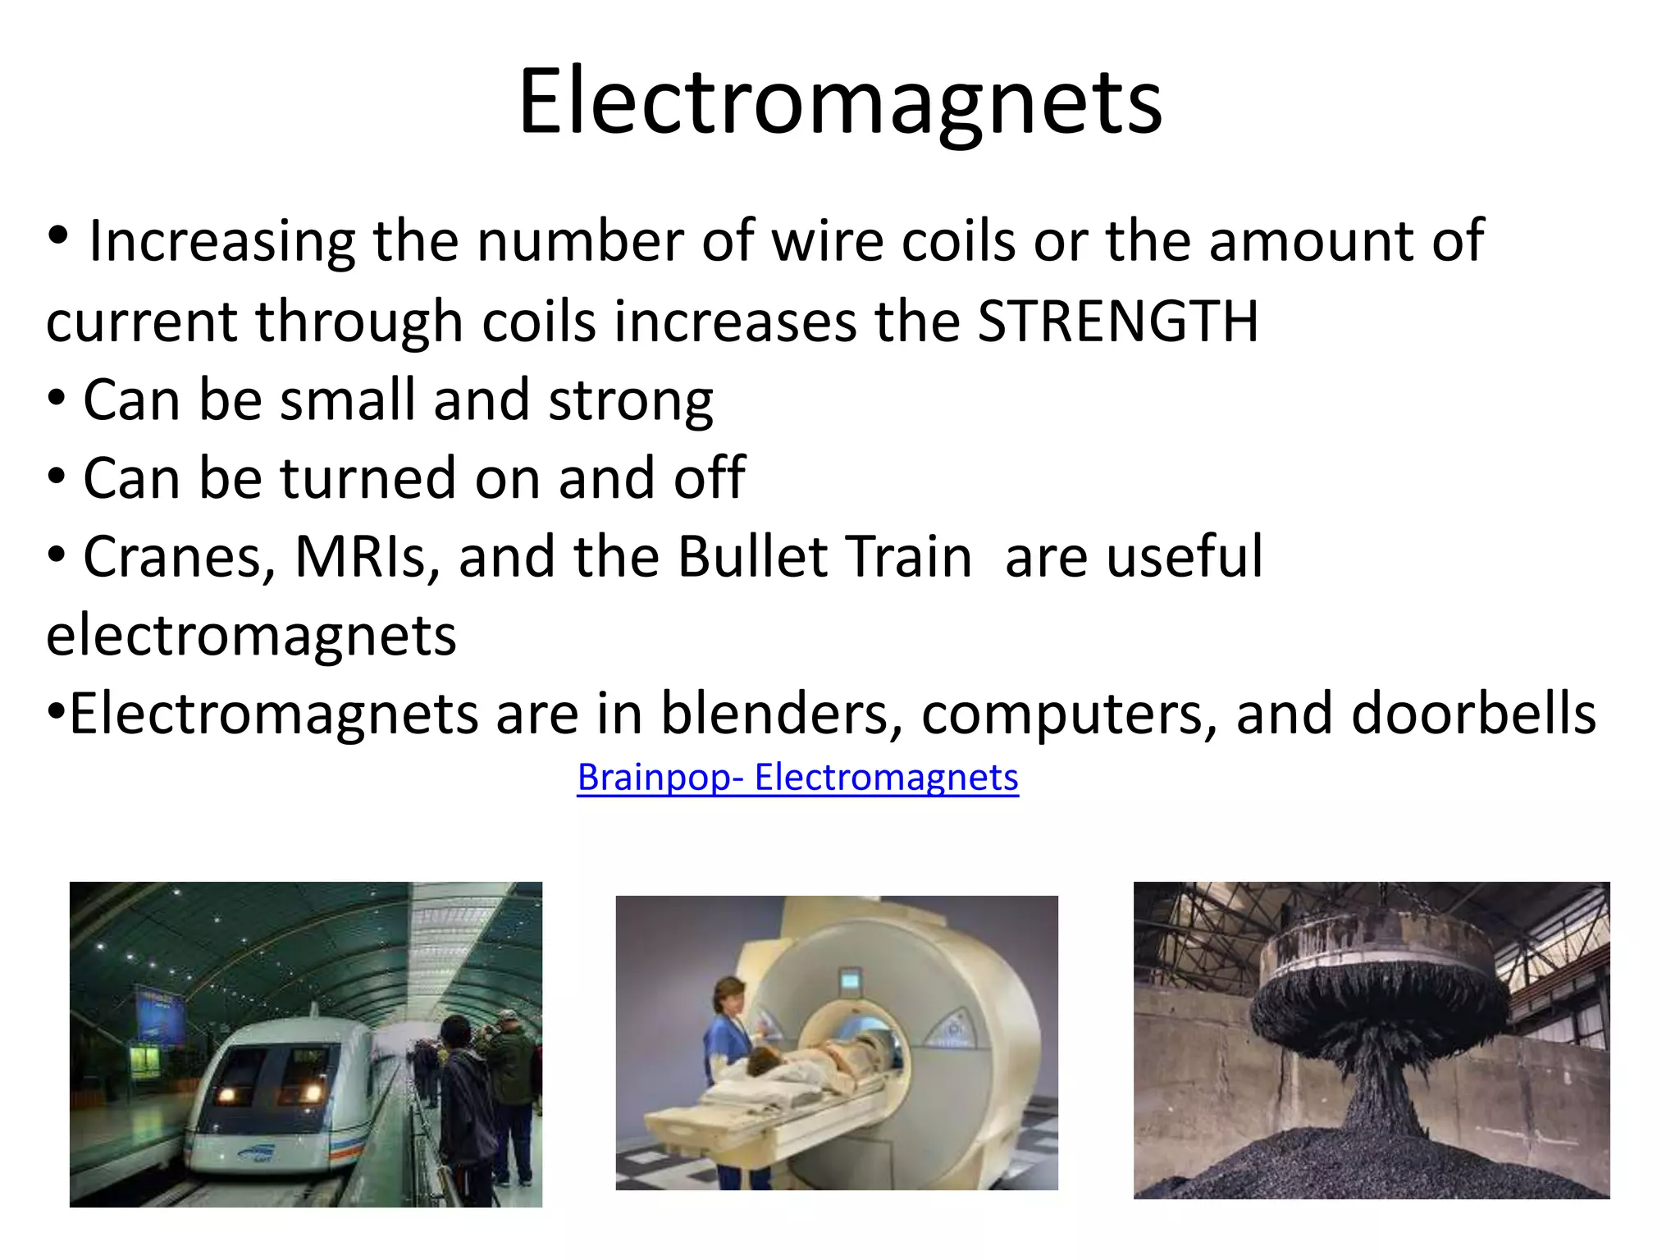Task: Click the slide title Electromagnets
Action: coord(840,102)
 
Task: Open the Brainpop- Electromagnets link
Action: coord(797,778)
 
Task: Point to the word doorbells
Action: coord(1473,714)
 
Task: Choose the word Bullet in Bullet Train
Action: coord(753,558)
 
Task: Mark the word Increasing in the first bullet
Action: coord(221,243)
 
